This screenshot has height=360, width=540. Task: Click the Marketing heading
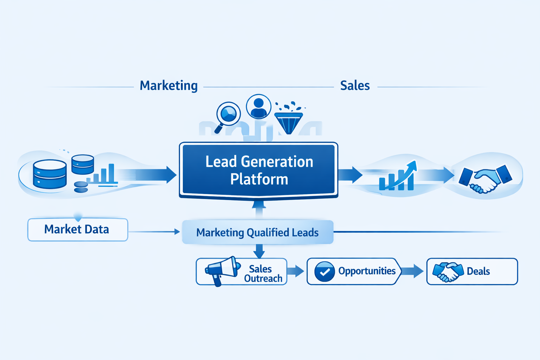169,85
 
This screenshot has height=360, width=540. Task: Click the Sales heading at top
355,85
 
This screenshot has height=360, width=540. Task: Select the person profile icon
259,107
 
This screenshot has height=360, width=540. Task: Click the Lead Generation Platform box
259,170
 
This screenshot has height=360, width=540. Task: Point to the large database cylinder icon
50,174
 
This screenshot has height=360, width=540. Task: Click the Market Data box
77,230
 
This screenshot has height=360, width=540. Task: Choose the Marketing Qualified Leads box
257,232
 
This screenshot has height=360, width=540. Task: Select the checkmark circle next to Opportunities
324,271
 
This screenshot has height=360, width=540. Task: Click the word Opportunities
367,271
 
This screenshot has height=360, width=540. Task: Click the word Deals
478,271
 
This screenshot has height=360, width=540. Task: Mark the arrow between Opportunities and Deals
412,271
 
